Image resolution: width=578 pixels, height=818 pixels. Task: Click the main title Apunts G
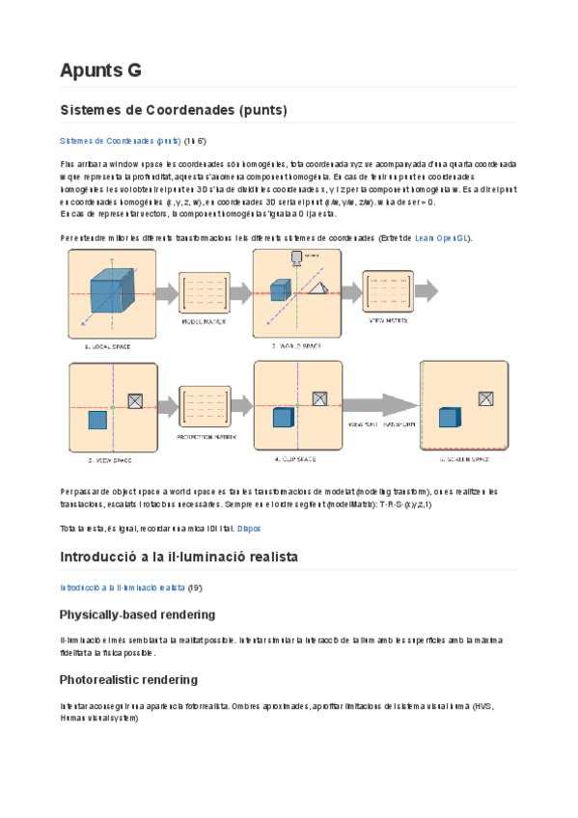100,69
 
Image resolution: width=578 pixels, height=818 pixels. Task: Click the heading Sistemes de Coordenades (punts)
173,110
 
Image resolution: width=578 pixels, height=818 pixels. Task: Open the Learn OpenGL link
442,237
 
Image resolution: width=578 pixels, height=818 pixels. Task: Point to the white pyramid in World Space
319,287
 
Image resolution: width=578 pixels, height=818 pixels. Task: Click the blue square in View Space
96,419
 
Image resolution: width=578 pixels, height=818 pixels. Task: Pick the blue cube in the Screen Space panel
449,417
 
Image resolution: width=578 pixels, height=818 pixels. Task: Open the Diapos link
249,529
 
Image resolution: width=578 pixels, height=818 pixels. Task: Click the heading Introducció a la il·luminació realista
179,557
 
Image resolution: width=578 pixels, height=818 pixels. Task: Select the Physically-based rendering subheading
137,614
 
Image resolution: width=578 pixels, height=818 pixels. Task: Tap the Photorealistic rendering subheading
128,679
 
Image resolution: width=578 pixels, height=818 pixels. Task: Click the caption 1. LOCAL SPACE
108,344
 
